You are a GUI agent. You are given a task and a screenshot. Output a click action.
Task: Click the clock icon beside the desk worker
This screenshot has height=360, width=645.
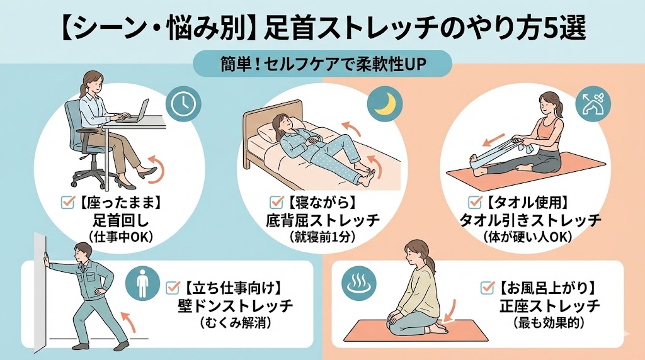click(183, 103)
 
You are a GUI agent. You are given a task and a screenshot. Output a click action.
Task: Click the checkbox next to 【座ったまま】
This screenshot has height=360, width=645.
click(67, 202)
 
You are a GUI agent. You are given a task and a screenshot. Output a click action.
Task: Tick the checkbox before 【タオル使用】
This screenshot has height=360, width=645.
click(475, 202)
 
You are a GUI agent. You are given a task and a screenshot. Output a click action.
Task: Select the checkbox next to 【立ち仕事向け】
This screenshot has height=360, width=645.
click(173, 287)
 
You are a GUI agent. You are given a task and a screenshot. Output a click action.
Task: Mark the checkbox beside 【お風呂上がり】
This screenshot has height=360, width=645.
click(488, 287)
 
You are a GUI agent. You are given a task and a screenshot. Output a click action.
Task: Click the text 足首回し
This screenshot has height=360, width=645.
click(115, 221)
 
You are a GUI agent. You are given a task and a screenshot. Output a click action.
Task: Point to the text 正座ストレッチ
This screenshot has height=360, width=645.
click(549, 306)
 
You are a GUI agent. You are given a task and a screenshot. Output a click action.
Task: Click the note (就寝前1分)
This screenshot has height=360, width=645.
click(322, 237)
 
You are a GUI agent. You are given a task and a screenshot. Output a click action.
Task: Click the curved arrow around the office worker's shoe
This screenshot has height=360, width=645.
click(157, 169)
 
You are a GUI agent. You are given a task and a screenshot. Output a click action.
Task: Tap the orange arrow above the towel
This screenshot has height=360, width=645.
click(493, 140)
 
